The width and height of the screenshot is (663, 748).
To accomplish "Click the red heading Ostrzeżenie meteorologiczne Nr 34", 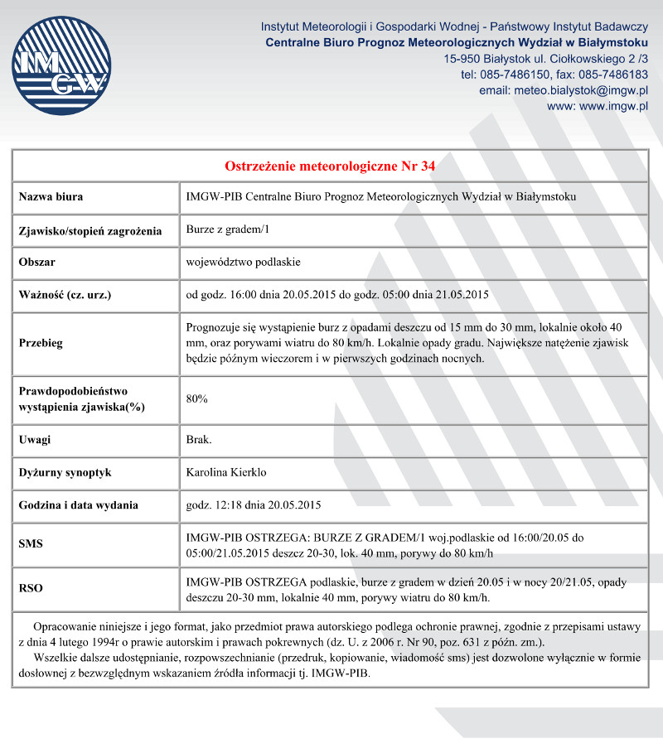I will tap(330, 166).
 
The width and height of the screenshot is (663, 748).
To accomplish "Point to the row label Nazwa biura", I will tap(51, 197).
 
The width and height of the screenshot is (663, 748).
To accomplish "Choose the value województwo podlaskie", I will tap(244, 262).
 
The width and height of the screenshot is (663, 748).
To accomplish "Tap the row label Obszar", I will tap(37, 262).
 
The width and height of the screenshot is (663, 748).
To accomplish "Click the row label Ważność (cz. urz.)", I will tap(65, 295).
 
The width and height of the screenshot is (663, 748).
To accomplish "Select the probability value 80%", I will tap(197, 399).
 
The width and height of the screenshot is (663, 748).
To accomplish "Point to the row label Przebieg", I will tap(41, 343).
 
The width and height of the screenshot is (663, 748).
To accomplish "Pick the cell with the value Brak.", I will tap(200, 439).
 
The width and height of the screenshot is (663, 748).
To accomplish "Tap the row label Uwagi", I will tap(35, 439).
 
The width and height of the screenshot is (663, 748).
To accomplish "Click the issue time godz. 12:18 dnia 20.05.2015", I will tap(254, 504).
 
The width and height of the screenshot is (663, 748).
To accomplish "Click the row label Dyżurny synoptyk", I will tap(65, 472).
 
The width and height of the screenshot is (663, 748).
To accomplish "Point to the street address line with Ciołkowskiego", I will tap(546, 59).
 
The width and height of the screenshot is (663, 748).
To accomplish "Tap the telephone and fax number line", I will tap(554, 75).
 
